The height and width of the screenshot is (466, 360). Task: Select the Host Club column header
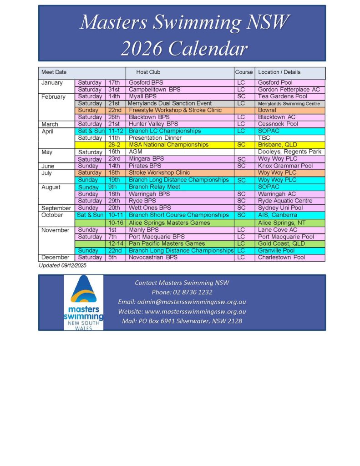pos(148,72)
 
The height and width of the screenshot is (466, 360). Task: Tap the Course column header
pos(244,72)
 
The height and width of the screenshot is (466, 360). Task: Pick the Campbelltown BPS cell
pos(155,90)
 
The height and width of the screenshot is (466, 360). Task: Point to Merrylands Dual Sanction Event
pos(170,103)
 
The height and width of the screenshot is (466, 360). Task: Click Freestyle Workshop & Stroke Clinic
pos(175,110)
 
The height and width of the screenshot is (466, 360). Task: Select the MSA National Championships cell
pos(168,145)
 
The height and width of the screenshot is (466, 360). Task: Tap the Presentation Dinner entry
pos(155,138)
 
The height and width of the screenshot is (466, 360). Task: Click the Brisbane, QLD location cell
pos(277,145)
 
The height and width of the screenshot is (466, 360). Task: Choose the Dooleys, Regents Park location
pos(289,152)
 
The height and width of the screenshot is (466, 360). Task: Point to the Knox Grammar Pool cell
pos(285,166)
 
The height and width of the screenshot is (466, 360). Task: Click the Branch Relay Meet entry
pos(154,187)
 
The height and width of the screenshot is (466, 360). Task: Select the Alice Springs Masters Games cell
pos(169,223)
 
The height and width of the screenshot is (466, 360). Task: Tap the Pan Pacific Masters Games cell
pos(167,243)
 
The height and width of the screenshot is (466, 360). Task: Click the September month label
pos(56,208)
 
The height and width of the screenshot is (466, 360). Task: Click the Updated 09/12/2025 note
pos(63,265)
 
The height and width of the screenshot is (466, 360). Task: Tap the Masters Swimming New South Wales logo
pos(83,302)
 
